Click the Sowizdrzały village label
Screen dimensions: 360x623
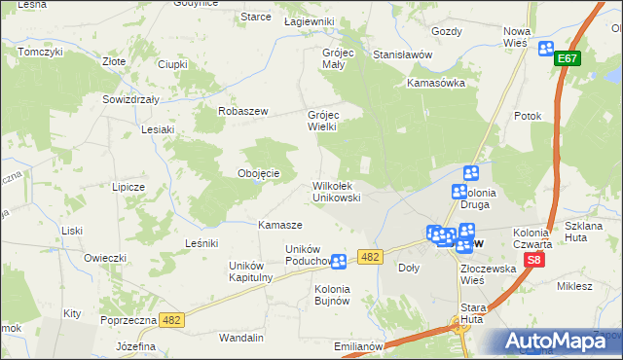(x=130, y=99)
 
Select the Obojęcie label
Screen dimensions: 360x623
(x=259, y=173)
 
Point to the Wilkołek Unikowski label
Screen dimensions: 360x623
(x=337, y=191)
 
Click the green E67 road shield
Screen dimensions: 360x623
(x=568, y=59)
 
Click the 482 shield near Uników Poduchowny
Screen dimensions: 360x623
(x=369, y=256)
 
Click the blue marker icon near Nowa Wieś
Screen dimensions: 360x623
(x=545, y=48)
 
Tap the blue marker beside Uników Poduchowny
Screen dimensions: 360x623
(x=338, y=261)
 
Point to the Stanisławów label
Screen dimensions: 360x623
(x=402, y=54)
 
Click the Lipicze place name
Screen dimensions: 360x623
(x=128, y=186)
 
